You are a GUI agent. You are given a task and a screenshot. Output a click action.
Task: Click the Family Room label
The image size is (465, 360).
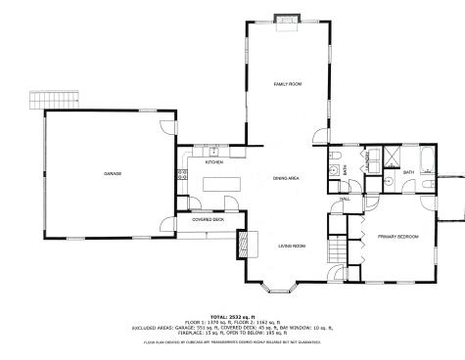[x=286, y=86]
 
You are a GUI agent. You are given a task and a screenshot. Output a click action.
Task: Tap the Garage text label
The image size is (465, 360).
[x=113, y=173]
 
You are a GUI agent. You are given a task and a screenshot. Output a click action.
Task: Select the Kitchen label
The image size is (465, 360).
[x=214, y=161]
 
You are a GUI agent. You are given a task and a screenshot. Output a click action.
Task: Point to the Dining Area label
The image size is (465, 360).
[x=286, y=178]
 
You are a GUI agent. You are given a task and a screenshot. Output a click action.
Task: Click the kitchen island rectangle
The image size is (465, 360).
[x=220, y=183]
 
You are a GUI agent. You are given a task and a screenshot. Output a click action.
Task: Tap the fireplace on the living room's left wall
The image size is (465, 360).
[x=240, y=245]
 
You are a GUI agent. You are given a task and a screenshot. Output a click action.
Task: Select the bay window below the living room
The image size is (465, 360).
[x=286, y=289]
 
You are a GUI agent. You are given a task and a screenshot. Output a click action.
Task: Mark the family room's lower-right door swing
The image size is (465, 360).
[x=319, y=137]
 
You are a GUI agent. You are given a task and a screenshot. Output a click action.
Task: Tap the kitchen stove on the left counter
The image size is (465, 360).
[x=182, y=176]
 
